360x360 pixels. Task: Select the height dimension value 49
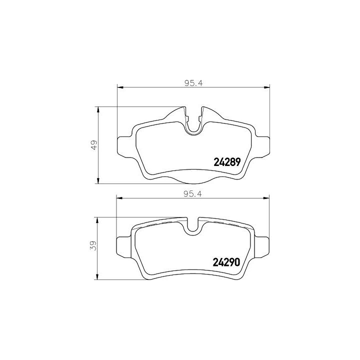tap(93, 145)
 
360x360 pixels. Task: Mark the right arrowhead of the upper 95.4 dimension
tap(266, 88)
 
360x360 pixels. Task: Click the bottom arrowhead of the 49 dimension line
tap(98, 181)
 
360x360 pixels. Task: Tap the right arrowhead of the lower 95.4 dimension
tap(266, 198)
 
